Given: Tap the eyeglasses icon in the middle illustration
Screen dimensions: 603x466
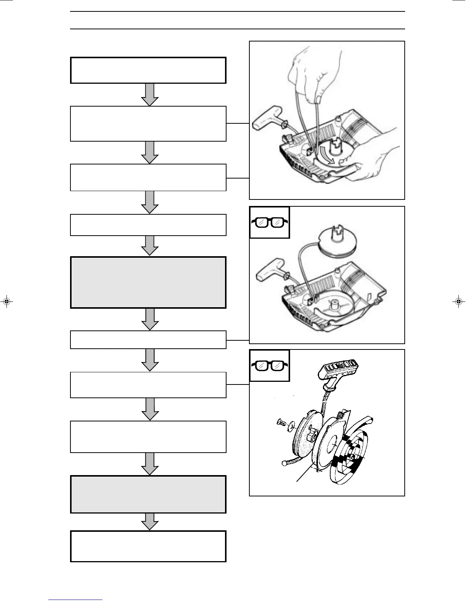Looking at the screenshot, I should (x=270, y=223).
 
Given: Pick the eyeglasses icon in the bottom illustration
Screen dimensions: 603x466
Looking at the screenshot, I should (x=270, y=365).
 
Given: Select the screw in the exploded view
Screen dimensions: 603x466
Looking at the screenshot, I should (x=281, y=422).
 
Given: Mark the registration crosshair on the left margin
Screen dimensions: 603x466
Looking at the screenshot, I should (x=6, y=302).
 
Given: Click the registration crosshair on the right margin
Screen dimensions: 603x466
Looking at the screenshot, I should (x=459, y=302).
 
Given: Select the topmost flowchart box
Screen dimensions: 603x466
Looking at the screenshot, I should (x=148, y=70).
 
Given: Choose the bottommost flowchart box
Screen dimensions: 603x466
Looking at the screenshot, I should (x=148, y=546).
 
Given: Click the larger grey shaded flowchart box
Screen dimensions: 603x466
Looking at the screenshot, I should (x=148, y=282).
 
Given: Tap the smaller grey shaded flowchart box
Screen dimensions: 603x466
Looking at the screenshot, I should (x=148, y=494).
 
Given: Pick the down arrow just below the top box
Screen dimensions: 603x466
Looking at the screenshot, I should (x=150, y=95).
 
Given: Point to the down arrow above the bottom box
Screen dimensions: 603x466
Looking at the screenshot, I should (x=150, y=521).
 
